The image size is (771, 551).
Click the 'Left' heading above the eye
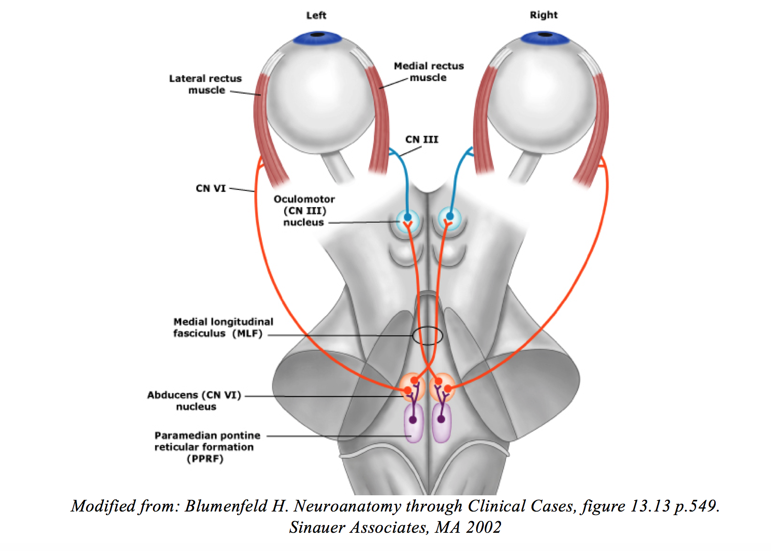pyautogui.click(x=316, y=16)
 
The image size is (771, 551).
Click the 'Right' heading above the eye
pyautogui.click(x=544, y=15)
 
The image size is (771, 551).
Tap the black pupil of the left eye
pyautogui.click(x=317, y=34)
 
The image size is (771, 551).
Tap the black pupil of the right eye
pyautogui.click(x=545, y=34)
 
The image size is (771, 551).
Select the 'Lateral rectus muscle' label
pyautogui.click(x=206, y=84)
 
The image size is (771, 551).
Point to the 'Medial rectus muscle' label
pyautogui.click(x=429, y=71)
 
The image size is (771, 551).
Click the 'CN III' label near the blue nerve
pyautogui.click(x=421, y=139)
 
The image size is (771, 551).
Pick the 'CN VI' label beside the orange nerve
pyautogui.click(x=211, y=188)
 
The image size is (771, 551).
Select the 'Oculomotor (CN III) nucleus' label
pyautogui.click(x=304, y=211)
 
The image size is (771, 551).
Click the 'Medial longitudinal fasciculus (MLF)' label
pyautogui.click(x=223, y=328)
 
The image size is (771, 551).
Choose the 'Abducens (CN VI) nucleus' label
pyautogui.click(x=194, y=401)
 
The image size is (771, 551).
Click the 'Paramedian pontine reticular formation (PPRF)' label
pyautogui.click(x=207, y=447)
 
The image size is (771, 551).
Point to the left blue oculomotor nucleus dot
pyautogui.click(x=407, y=217)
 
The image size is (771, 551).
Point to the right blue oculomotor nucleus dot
pyautogui.click(x=449, y=216)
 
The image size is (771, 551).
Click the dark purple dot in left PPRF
pyautogui.click(x=413, y=420)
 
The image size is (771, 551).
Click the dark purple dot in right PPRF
pyautogui.click(x=441, y=419)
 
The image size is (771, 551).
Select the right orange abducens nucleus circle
pyautogui.click(x=442, y=387)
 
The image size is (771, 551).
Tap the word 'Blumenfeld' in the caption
pyautogui.click(x=226, y=506)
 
